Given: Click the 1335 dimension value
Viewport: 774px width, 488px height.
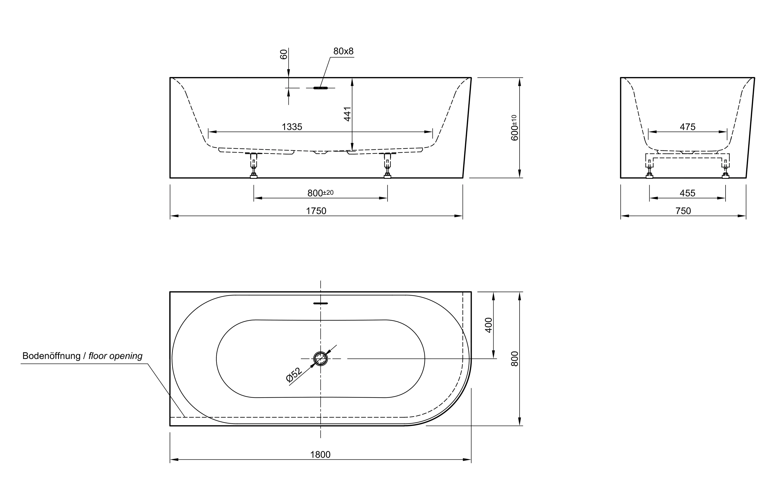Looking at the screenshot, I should pyautogui.click(x=292, y=127).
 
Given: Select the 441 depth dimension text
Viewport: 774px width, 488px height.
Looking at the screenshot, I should pyautogui.click(x=347, y=114).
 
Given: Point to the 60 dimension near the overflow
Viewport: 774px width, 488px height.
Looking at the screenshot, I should pyautogui.click(x=284, y=54).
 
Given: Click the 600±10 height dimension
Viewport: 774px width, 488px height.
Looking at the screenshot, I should pyautogui.click(x=514, y=128).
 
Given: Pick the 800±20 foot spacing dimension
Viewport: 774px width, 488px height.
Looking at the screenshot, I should pyautogui.click(x=320, y=193).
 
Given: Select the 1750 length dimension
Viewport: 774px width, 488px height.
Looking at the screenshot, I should pyautogui.click(x=316, y=211).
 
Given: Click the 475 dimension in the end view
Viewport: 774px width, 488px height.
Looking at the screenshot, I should pyautogui.click(x=687, y=127).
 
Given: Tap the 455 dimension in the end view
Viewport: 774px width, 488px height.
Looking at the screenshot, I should pyautogui.click(x=687, y=193).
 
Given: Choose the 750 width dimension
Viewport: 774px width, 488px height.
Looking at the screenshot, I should pyautogui.click(x=683, y=211).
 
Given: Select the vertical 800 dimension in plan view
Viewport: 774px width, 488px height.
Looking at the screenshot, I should pyautogui.click(x=514, y=359).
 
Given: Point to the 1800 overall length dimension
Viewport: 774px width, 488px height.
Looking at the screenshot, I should pyautogui.click(x=320, y=455).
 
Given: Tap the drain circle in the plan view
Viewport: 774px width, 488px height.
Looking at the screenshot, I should pyautogui.click(x=320, y=359).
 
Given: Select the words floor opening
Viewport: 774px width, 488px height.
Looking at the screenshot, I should pyautogui.click(x=115, y=356).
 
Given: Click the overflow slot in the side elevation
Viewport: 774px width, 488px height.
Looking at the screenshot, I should pyautogui.click(x=320, y=88).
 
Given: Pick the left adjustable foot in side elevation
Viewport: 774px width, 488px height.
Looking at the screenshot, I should pyautogui.click(x=253, y=166).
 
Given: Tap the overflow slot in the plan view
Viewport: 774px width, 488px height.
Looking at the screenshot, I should pyautogui.click(x=320, y=303).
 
